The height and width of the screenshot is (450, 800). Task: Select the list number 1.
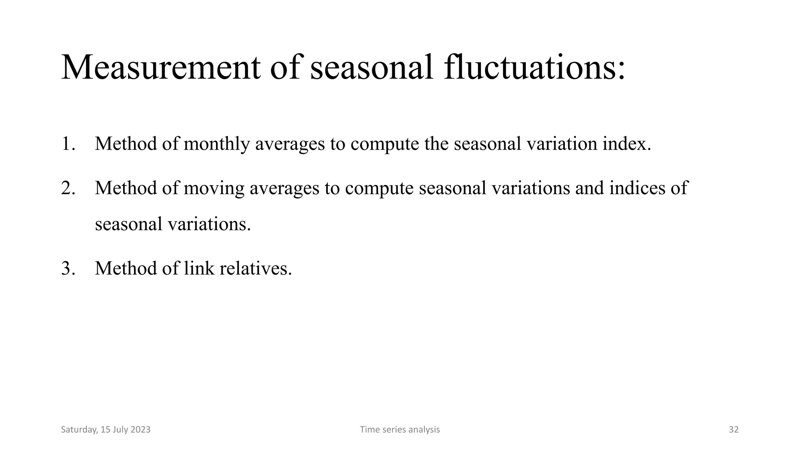[67, 144]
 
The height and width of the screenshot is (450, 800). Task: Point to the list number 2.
[67, 188]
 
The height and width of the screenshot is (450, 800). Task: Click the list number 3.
[67, 268]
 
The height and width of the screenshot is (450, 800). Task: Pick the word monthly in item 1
[216, 144]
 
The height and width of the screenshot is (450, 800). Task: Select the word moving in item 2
[214, 188]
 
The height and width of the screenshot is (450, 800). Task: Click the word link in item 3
[199, 268]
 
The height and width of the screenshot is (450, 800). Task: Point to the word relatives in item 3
[255, 268]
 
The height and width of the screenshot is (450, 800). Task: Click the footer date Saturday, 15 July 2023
[105, 430]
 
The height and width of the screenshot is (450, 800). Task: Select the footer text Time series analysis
[400, 430]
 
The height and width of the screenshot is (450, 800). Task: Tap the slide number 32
[734, 430]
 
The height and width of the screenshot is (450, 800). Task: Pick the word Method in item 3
[125, 268]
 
